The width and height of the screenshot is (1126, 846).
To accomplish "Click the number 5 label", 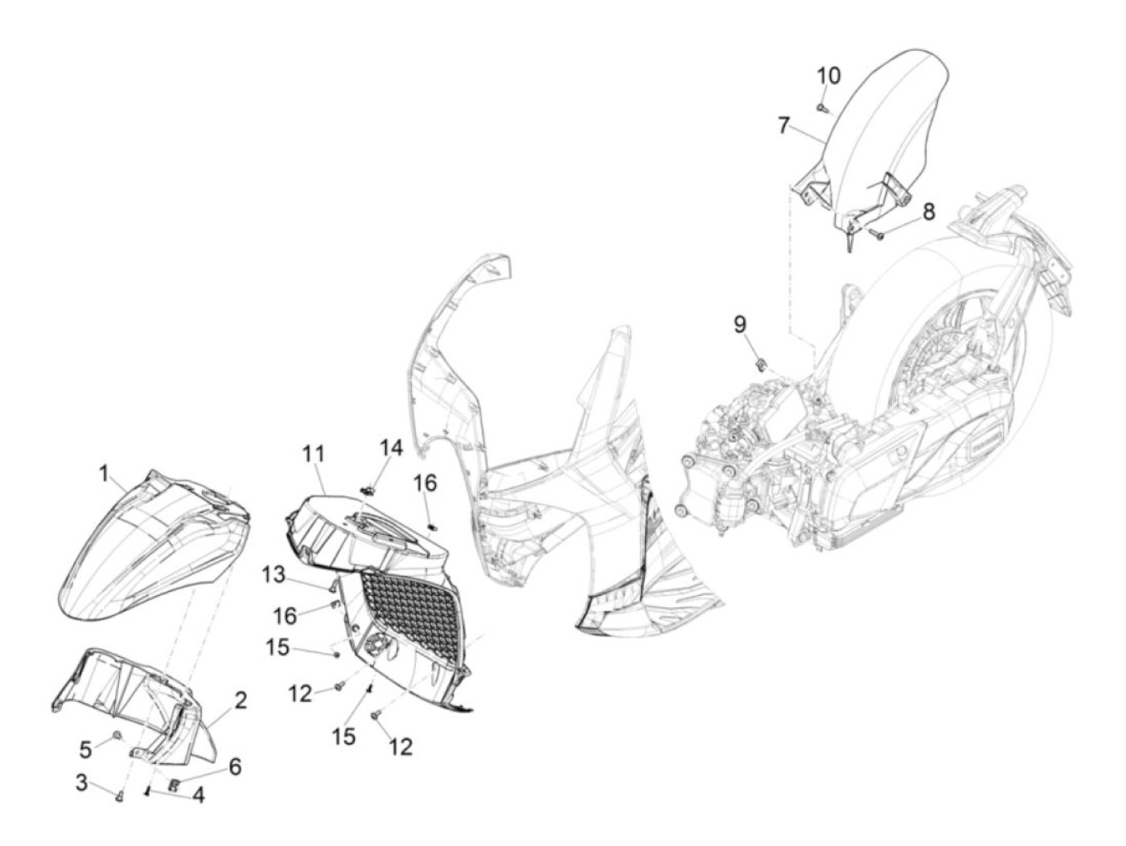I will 86,749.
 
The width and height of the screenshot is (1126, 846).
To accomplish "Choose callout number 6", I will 234,766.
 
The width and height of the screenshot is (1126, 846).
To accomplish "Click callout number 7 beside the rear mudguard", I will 785,125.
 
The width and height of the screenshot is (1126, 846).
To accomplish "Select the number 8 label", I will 928,211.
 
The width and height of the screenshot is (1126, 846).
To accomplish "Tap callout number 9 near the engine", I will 739,324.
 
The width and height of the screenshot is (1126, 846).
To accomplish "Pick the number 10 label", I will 828,76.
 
